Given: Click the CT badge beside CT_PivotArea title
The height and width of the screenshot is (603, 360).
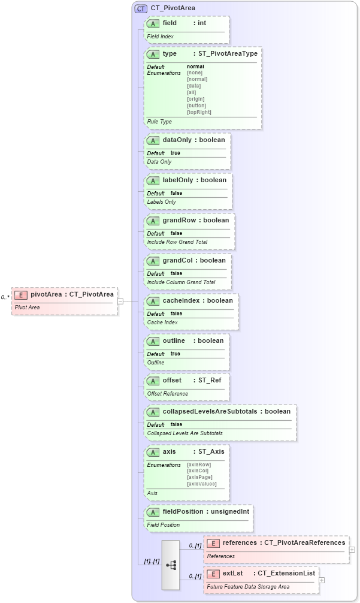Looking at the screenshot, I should coord(141,9).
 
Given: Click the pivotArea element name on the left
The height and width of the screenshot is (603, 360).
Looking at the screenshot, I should coord(46,294).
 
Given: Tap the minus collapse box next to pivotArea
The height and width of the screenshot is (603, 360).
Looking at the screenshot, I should coord(120,301).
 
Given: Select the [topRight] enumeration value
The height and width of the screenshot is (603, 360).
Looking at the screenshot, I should coord(199,112).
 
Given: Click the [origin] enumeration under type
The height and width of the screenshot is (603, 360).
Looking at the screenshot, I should coord(196,99).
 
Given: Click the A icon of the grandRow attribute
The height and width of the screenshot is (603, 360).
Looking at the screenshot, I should coord(153,221).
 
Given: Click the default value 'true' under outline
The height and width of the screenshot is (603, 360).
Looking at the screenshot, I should coord(175,354).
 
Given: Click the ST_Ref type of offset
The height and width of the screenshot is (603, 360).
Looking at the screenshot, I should coord(210,381).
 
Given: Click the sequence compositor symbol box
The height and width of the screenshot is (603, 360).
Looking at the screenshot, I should coord(170,565).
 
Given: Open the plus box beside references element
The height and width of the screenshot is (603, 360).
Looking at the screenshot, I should coord(352,549).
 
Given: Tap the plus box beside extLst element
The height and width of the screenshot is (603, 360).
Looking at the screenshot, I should coord(322,580).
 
